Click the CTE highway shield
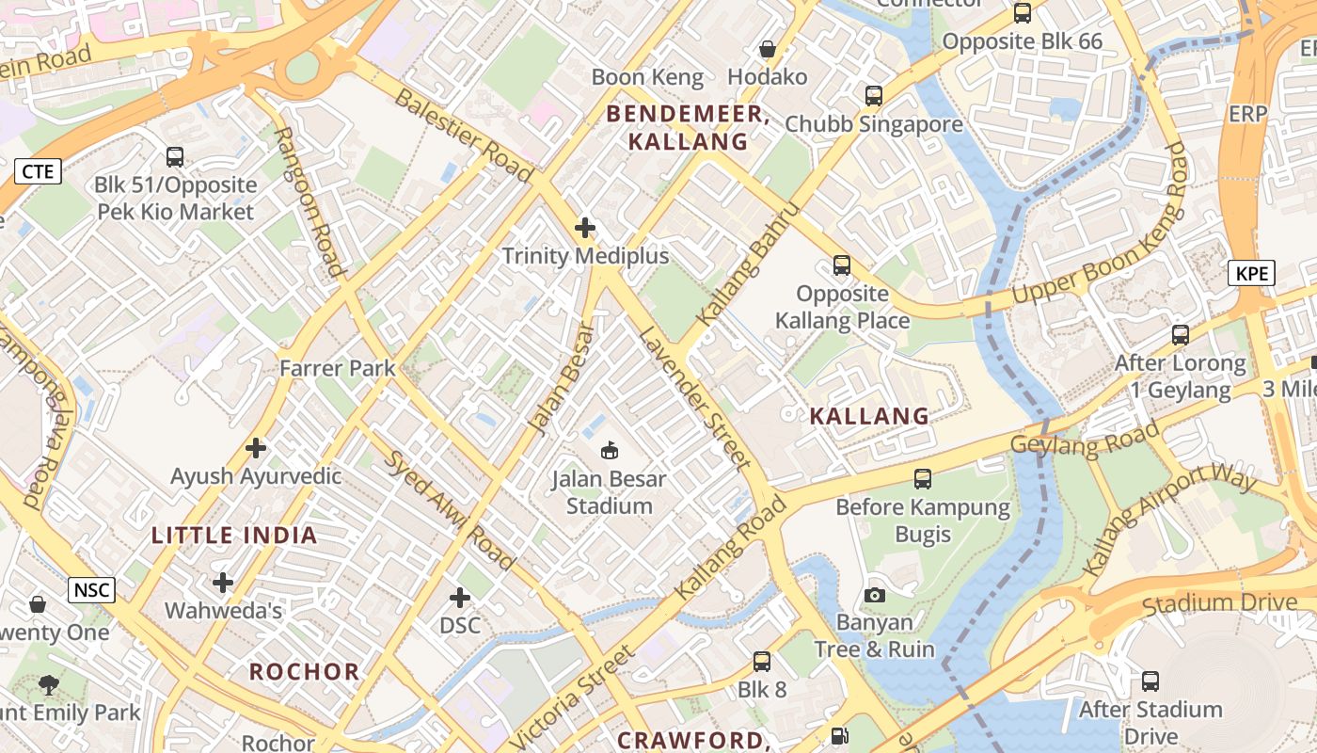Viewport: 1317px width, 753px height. coord(38,171)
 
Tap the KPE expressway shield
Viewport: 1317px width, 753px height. coord(1251,274)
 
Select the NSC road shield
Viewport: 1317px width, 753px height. coord(91,591)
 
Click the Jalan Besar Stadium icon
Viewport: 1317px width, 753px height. coord(609,452)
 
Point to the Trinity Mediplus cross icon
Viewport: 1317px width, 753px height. coord(585,228)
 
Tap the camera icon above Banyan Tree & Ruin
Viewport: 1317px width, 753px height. coord(874,595)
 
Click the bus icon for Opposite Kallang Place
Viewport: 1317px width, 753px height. coord(841,265)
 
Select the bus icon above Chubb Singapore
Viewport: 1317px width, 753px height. coord(873,95)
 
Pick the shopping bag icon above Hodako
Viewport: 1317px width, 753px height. coord(767,49)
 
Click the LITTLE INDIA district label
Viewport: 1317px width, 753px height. coord(234,536)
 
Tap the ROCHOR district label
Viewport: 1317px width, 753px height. coord(304,672)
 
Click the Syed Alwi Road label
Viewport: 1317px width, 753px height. coord(452,509)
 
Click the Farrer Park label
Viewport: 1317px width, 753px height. coord(337,368)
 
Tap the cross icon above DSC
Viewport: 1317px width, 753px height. coord(459,598)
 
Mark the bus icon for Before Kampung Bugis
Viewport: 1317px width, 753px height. coord(922,479)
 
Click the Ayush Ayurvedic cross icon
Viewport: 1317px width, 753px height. coord(255,448)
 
